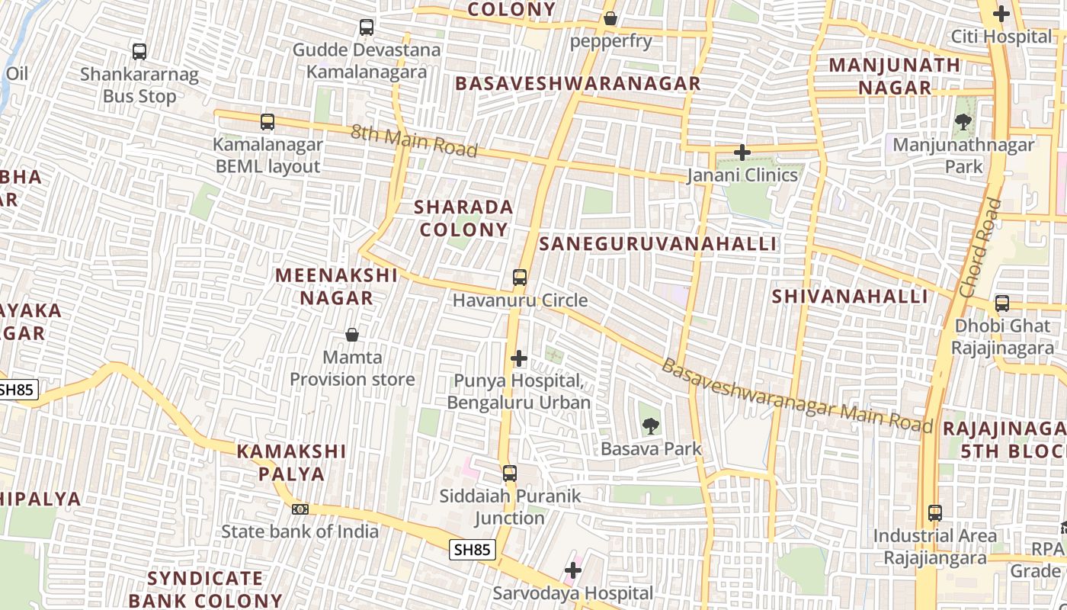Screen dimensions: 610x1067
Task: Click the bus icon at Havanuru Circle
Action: coord(520,278)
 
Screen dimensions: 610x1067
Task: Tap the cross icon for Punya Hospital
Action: coord(519,358)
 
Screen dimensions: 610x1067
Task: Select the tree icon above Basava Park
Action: coord(650,426)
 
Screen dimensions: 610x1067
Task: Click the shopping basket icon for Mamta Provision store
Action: coord(352,335)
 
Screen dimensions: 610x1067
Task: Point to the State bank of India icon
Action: coord(300,509)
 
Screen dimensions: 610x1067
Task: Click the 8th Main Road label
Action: coord(414,141)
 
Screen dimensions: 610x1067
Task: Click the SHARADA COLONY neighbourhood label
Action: coord(463,218)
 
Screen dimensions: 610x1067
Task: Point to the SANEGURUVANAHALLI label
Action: coord(658,244)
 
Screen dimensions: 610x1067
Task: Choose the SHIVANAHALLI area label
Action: coord(850,297)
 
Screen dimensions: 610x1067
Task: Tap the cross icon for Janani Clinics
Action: coord(742,152)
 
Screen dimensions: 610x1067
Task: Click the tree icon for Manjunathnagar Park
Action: coord(963,121)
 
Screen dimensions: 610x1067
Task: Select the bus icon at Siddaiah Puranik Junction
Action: coord(510,474)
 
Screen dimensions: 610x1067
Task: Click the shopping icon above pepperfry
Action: coord(610,18)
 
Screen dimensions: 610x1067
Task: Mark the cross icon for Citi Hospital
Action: coord(1001,14)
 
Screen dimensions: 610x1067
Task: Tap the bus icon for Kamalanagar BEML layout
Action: coord(267,121)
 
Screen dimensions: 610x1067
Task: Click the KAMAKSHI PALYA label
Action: coord(292,462)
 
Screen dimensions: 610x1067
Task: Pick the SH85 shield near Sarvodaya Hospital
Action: coord(473,549)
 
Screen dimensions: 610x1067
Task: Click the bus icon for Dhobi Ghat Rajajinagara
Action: coord(1002,303)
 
